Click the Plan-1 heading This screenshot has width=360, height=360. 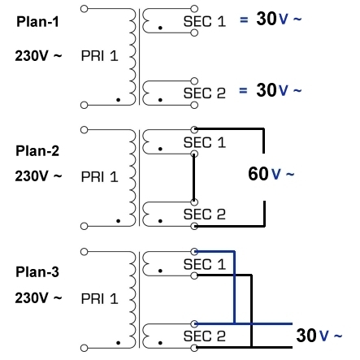[x=37, y=22]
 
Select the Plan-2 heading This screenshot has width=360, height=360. [x=37, y=151]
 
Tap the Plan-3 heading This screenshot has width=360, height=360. [x=37, y=272]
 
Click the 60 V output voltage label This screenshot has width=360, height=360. [x=271, y=174]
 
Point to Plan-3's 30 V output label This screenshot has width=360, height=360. [x=319, y=335]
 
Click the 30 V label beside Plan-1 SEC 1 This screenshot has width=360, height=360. [x=279, y=19]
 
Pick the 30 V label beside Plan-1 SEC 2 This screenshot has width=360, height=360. [x=279, y=90]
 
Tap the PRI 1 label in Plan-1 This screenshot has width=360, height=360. [x=99, y=56]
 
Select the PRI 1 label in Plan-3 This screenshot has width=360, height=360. [x=99, y=299]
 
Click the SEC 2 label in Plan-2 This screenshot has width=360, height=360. [x=205, y=215]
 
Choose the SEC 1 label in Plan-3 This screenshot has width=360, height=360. [x=205, y=264]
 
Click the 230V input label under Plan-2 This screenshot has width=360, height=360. [x=38, y=176]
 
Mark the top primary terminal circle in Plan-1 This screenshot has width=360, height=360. [x=85, y=9]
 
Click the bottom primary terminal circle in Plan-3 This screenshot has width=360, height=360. [x=85, y=348]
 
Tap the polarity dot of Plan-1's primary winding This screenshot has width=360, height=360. [x=118, y=100]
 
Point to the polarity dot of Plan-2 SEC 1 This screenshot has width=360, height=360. [x=160, y=149]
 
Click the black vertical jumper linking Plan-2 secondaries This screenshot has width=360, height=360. [x=194, y=178]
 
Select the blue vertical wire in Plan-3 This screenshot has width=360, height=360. [x=234, y=288]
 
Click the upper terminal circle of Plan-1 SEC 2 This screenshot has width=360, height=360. [x=194, y=81]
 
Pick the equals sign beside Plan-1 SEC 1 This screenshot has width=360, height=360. [x=244, y=20]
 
